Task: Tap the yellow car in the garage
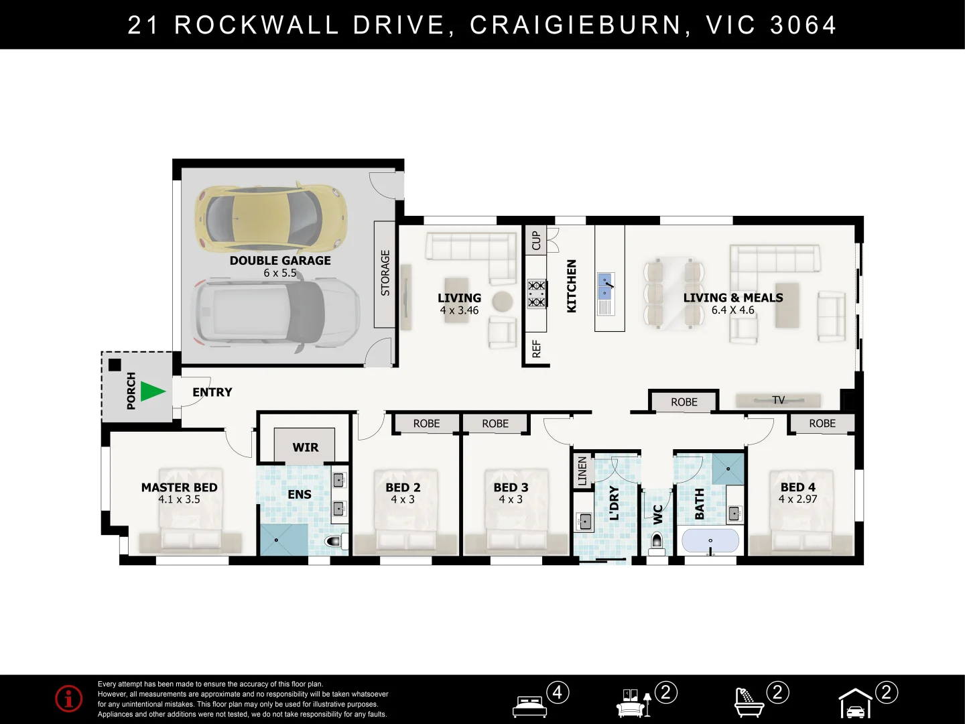pyautogui.click(x=271, y=218)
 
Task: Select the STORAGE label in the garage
pyautogui.click(x=385, y=273)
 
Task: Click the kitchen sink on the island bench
pyautogui.click(x=606, y=286)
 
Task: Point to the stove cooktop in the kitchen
pyautogui.click(x=537, y=294)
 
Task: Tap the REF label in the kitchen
pyautogui.click(x=536, y=349)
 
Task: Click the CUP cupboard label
pyautogui.click(x=536, y=241)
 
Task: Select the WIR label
pyautogui.click(x=305, y=448)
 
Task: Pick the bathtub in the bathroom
pyautogui.click(x=710, y=541)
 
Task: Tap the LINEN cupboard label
pyautogui.click(x=582, y=471)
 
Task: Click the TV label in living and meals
pyautogui.click(x=778, y=400)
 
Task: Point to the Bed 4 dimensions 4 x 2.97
pyautogui.click(x=797, y=499)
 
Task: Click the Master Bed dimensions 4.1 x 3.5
pyautogui.click(x=179, y=500)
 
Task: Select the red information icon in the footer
pyautogui.click(x=68, y=699)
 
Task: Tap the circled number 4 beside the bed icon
pyautogui.click(x=558, y=692)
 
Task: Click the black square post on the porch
pyautogui.click(x=115, y=365)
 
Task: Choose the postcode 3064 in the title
pyautogui.click(x=803, y=25)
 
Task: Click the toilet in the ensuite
pyautogui.click(x=336, y=541)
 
